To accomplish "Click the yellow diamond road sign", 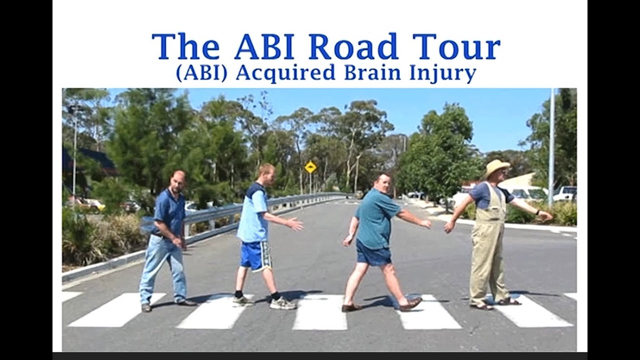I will pos(310,167).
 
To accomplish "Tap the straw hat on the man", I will pos(497,167).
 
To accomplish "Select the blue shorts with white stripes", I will pos(255,255).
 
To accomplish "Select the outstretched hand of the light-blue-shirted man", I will pos(295,224).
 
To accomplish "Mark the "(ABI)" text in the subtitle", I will pos(202,73).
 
